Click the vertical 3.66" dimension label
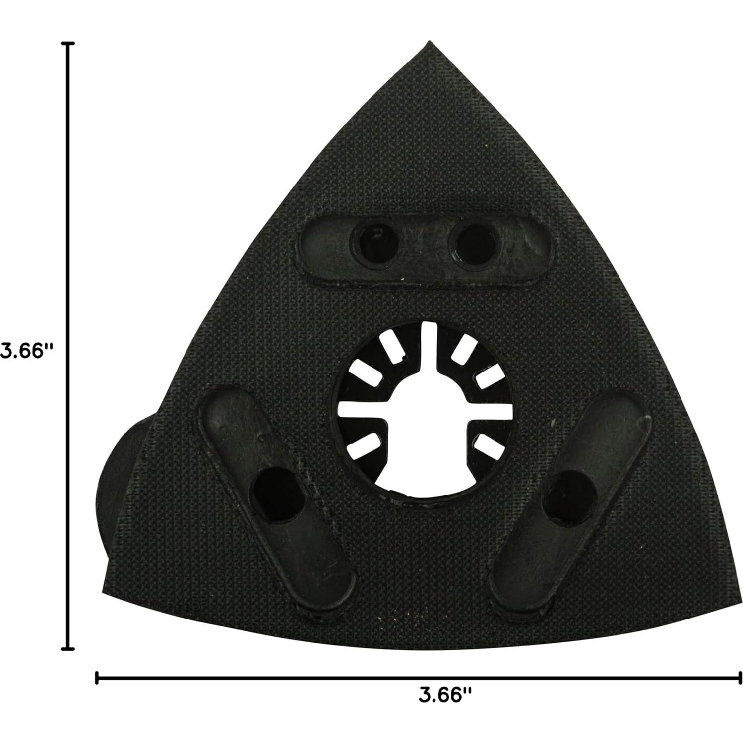26,351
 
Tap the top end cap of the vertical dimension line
67,44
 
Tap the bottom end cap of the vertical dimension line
67,648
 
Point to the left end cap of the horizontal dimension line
96,678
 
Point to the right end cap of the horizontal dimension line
740,678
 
